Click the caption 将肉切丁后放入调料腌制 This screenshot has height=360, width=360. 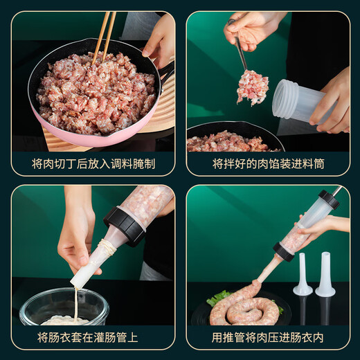pyautogui.click(x=93, y=164)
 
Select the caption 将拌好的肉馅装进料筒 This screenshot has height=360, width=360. pyautogui.click(x=268, y=164)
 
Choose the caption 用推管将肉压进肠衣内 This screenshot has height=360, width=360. pyautogui.click(x=268, y=338)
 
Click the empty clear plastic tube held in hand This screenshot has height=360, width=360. pyautogui.click(x=294, y=104)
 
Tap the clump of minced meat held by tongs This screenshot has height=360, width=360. pyautogui.click(x=252, y=87)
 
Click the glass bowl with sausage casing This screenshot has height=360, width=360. pyautogui.click(x=64, y=308)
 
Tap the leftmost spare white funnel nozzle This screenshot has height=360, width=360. pyautogui.click(x=302, y=276)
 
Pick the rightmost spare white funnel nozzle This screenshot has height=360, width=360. pyautogui.click(x=325, y=276)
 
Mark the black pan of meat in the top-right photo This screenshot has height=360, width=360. pyautogui.click(x=232, y=138)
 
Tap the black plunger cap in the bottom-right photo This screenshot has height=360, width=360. pyautogui.click(x=328, y=200)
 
